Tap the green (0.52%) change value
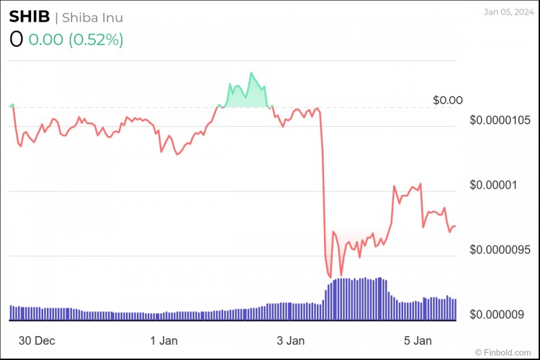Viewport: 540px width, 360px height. pyautogui.click(x=96, y=40)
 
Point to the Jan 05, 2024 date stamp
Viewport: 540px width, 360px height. pyautogui.click(x=507, y=12)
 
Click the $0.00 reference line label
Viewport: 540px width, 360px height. pyautogui.click(x=448, y=100)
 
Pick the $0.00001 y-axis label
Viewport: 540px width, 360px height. pyautogui.click(x=493, y=184)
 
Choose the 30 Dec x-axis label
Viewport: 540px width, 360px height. pyautogui.click(x=37, y=340)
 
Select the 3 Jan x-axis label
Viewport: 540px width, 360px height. pyautogui.click(x=290, y=340)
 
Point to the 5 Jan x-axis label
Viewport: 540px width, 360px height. pyautogui.click(x=417, y=340)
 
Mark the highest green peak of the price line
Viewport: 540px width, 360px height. pyautogui.click(x=251, y=73)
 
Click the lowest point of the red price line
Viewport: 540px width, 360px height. pyautogui.click(x=330, y=277)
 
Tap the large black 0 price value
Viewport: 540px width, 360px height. pyautogui.click(x=16, y=40)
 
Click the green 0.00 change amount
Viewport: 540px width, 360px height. pyautogui.click(x=45, y=40)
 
